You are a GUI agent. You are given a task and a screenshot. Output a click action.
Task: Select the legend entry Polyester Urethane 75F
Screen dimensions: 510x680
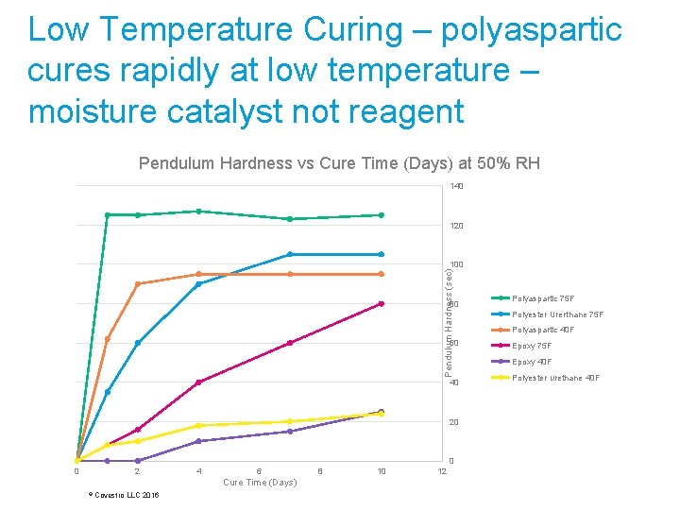click(x=556, y=314)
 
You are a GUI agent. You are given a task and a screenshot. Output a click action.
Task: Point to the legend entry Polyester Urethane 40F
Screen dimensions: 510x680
click(x=556, y=378)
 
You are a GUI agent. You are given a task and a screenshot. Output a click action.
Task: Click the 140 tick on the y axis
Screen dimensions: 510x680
click(x=456, y=186)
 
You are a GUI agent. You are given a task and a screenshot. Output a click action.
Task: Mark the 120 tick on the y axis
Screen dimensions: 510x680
click(x=456, y=227)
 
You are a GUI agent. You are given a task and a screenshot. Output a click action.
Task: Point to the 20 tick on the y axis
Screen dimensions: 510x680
click(x=454, y=422)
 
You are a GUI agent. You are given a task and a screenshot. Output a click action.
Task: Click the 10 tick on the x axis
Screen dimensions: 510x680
click(x=381, y=471)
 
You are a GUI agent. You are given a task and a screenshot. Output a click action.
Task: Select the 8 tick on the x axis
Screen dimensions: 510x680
click(x=320, y=471)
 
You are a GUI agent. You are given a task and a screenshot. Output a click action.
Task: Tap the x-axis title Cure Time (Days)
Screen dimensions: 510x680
click(x=260, y=483)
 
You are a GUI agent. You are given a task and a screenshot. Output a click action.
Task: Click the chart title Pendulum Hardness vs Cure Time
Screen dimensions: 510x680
click(x=339, y=163)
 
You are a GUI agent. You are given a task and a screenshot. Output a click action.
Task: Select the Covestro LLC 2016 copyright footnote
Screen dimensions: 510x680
click(x=123, y=495)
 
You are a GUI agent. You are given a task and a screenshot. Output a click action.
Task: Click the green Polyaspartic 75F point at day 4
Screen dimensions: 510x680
click(x=198, y=212)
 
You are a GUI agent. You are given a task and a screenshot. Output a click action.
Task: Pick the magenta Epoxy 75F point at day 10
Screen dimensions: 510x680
click(x=381, y=303)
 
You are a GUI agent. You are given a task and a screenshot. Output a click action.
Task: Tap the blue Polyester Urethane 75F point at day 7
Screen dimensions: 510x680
click(x=290, y=254)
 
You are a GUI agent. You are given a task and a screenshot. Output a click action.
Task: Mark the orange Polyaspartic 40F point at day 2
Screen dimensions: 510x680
click(x=138, y=284)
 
